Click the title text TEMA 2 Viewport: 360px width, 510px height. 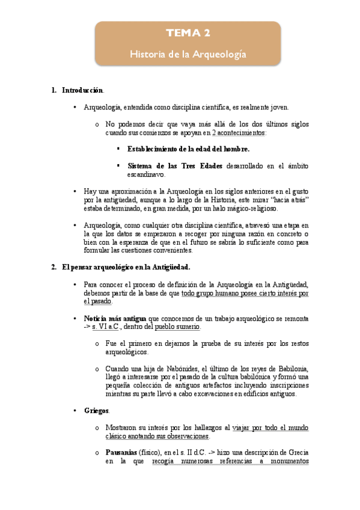pos(188,33)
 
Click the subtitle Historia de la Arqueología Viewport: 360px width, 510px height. pos(188,54)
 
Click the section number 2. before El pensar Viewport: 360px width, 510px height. pos(54,267)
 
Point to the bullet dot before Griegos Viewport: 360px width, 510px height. pos(75,411)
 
